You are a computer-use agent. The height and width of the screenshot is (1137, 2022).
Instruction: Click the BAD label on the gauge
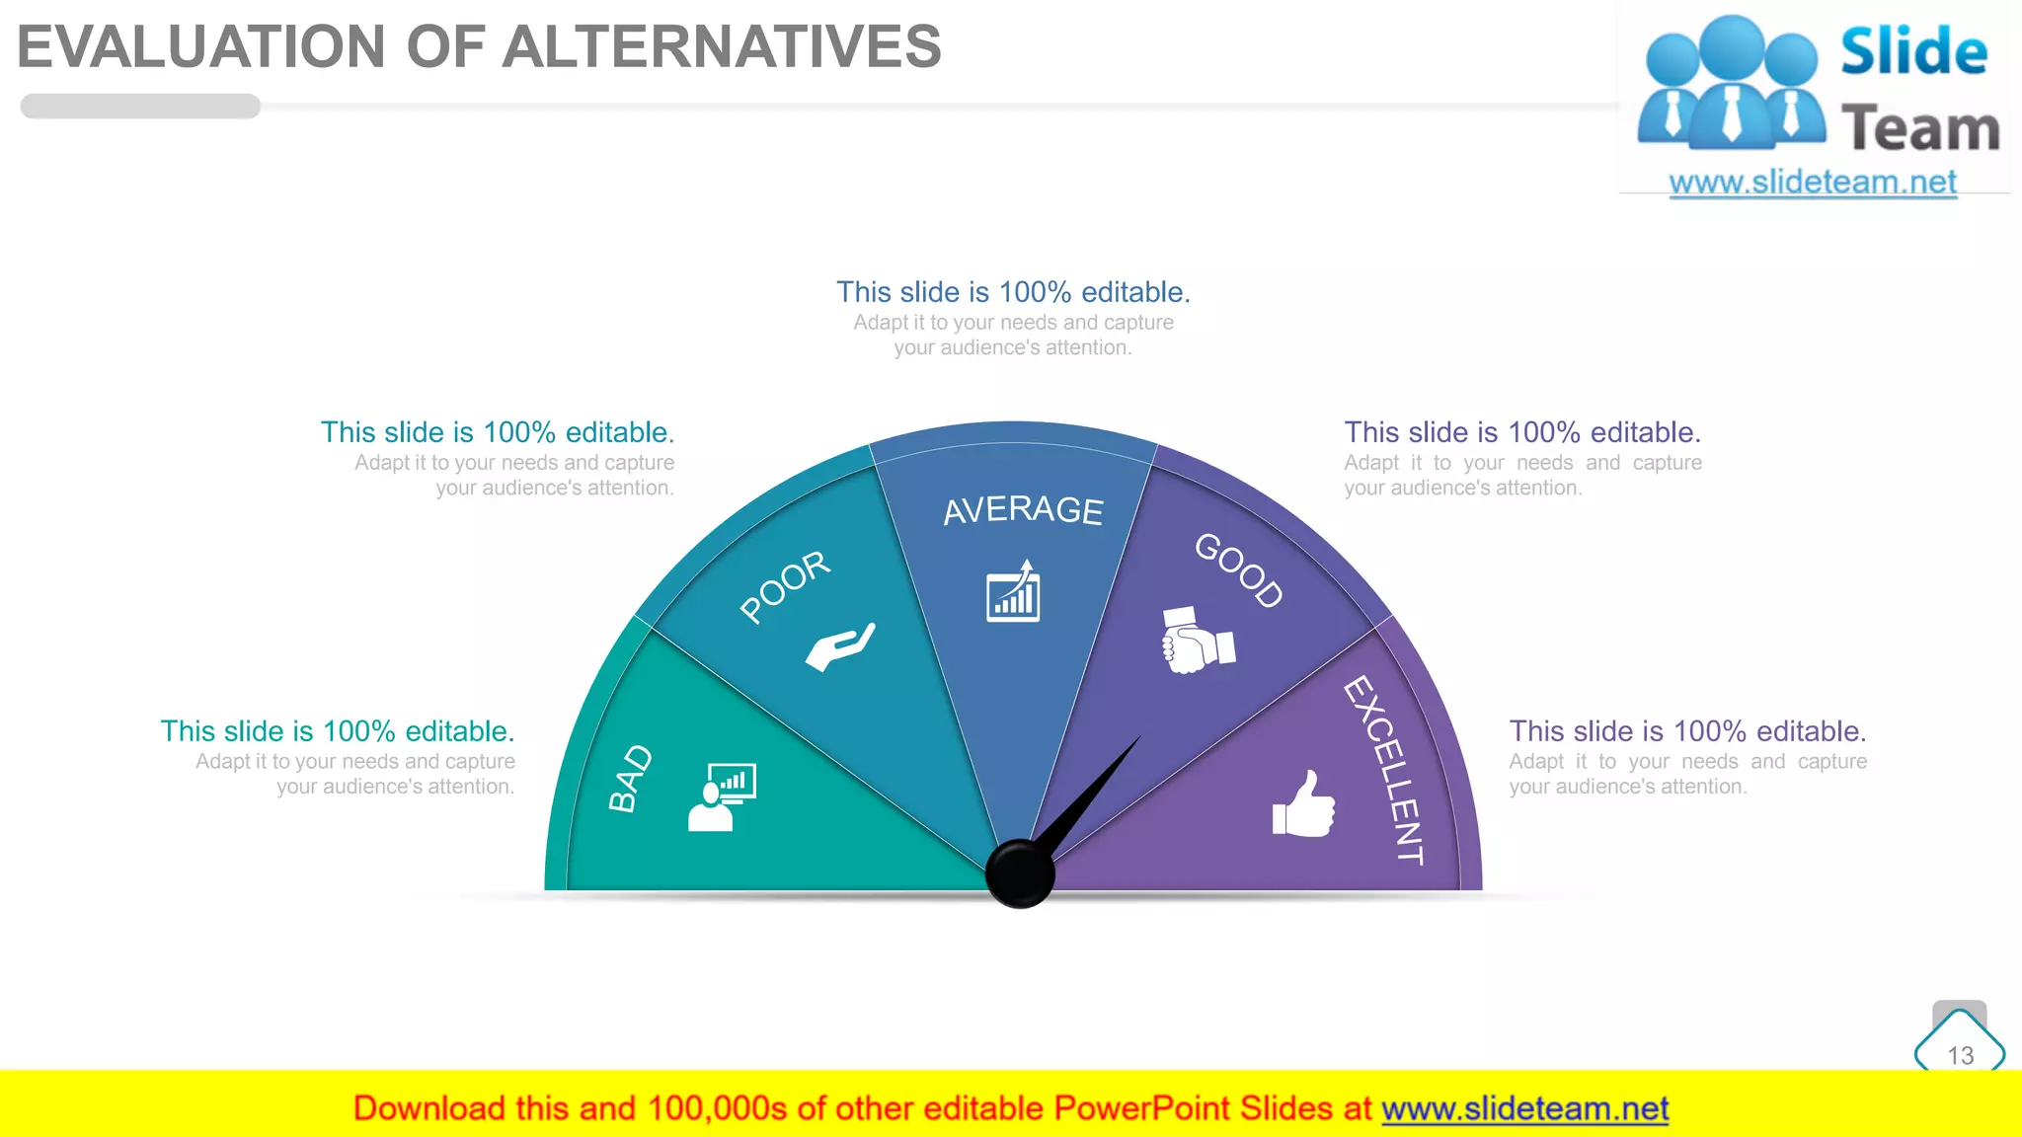631,778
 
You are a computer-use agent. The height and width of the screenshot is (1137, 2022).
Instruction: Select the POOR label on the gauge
786,586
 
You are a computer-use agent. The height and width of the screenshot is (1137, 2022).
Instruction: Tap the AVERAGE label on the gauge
1023,510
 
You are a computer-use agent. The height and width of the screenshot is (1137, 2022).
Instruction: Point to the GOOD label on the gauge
1239,570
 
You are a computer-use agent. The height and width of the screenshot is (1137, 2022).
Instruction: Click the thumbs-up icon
1303,804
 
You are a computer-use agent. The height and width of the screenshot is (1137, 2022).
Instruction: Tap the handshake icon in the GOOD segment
1198,641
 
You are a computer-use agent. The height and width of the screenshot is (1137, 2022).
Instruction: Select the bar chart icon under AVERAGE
1014,591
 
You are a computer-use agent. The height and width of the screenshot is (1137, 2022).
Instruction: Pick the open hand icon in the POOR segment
840,646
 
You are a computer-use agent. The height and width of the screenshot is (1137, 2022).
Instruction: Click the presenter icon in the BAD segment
722,796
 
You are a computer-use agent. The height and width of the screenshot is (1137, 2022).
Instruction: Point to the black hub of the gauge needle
1020,873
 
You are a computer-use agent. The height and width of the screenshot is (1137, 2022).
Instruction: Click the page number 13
1960,1055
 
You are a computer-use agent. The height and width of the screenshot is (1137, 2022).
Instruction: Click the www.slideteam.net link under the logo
1813,182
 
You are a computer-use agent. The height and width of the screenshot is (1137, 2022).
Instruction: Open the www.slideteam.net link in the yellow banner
1524,1108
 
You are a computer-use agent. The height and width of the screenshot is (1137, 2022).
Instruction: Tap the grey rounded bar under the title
140,107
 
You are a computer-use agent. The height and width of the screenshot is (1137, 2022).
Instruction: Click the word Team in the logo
1919,129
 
